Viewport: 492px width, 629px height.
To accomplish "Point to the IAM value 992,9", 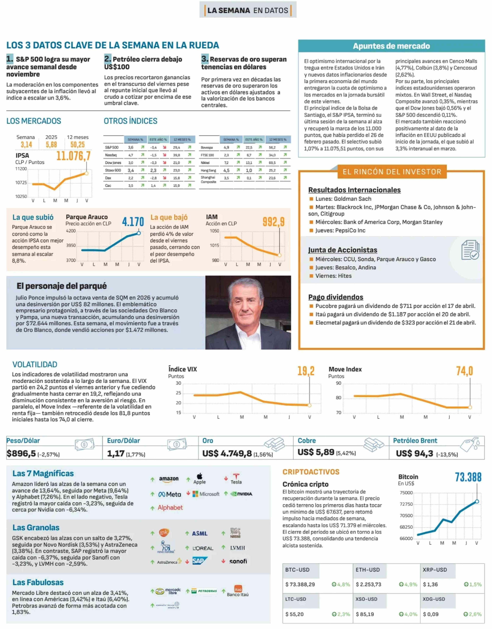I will tap(273, 222).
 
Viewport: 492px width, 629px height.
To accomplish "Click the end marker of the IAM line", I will tap(279, 255).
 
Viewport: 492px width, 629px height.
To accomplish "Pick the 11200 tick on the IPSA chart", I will tap(21, 169).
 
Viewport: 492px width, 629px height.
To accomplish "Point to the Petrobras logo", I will tap(204, 591).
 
